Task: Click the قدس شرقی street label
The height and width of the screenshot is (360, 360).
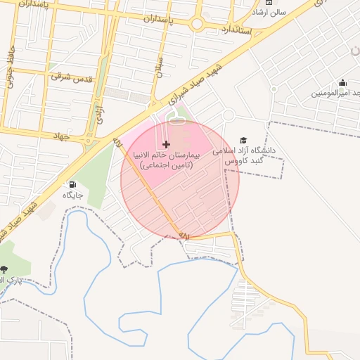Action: (72, 79)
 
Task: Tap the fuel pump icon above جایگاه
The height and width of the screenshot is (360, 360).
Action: (72, 184)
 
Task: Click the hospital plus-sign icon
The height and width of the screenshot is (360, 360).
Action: (166, 144)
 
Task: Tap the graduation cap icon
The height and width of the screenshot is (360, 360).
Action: (243, 141)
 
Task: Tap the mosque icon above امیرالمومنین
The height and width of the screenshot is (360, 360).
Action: (342, 83)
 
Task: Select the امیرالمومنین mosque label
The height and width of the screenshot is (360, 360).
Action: (337, 93)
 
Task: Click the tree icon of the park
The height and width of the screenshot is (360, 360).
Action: (5, 269)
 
